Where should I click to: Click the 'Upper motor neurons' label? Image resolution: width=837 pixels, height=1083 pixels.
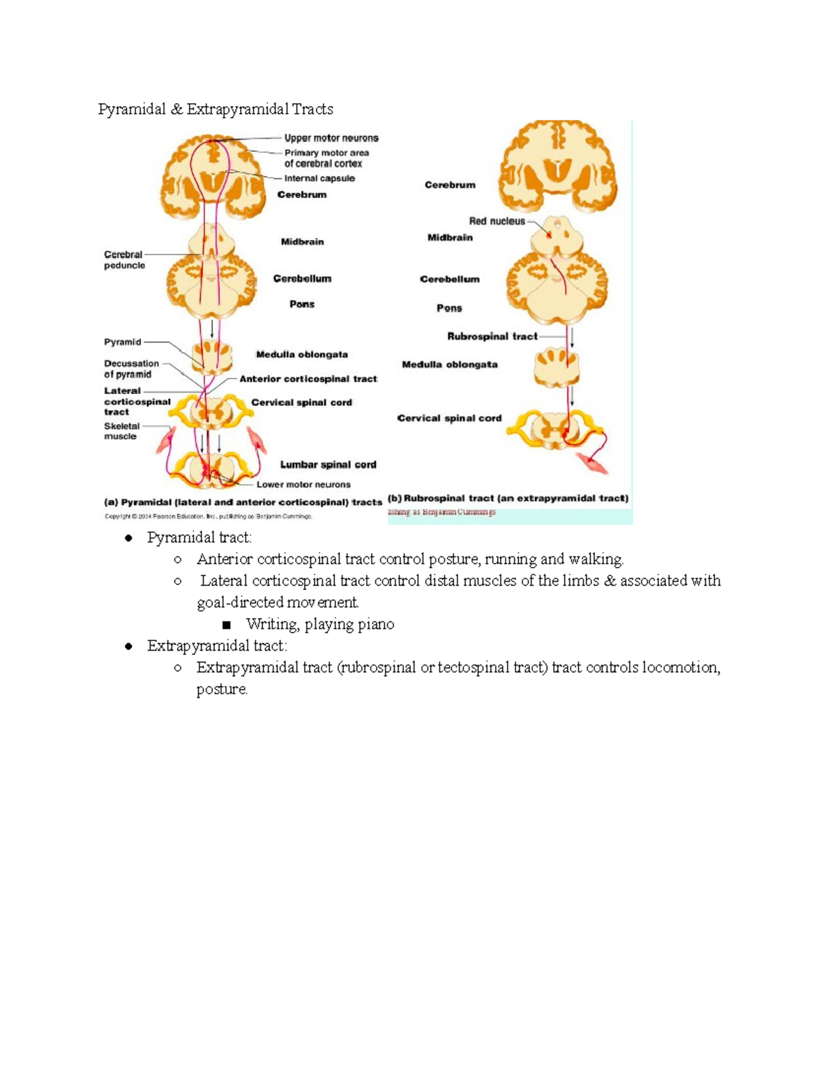(331, 138)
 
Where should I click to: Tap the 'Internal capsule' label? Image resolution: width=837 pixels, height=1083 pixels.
(319, 179)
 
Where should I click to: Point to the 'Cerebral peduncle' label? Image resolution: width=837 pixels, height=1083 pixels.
(124, 259)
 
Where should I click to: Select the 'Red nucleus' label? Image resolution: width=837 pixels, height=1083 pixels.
(497, 221)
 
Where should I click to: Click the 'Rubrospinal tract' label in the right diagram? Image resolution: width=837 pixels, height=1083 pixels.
(492, 336)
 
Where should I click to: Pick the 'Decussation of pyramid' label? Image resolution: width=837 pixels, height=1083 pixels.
(131, 369)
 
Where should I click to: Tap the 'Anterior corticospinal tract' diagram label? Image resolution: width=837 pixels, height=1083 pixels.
(308, 379)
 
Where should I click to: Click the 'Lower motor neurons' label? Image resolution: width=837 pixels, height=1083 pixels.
(303, 485)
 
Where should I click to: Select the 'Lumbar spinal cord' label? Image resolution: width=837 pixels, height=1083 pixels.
(328, 464)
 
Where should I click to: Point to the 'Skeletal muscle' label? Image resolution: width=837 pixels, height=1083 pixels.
(121, 431)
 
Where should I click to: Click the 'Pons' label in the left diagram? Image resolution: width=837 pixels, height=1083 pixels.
(302, 304)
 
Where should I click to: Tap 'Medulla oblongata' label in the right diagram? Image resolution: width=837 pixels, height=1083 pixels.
(450, 364)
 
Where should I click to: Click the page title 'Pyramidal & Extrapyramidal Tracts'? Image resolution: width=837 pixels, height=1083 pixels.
(216, 109)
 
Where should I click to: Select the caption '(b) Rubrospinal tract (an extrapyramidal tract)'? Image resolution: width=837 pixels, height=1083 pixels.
(508, 499)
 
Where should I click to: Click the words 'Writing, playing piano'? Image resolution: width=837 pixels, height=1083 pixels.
(320, 624)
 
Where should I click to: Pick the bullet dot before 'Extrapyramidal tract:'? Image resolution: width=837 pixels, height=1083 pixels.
(128, 646)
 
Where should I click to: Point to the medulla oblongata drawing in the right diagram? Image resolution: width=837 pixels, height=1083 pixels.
(557, 368)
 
